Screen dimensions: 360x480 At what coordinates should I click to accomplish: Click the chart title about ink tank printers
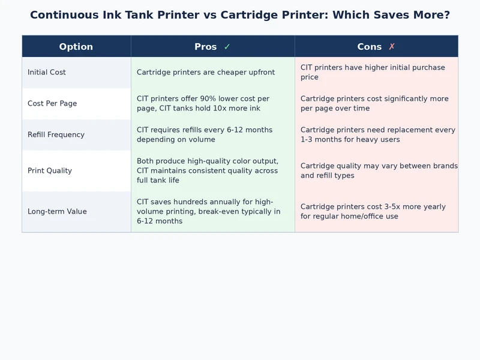pyautogui.click(x=240, y=15)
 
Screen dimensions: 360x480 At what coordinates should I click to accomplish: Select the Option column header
pyautogui.click(x=76, y=47)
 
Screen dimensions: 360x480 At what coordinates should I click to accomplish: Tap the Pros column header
pyautogui.click(x=206, y=47)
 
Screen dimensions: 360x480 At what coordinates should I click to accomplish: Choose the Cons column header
pyautogui.click(x=370, y=47)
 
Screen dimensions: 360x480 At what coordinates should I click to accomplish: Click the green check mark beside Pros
pyautogui.click(x=227, y=47)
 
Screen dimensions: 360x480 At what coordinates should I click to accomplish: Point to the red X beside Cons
pyautogui.click(x=392, y=47)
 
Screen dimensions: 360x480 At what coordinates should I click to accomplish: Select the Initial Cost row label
pyautogui.click(x=47, y=73)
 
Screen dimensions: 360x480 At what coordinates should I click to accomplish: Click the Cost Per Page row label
pyautogui.click(x=52, y=104)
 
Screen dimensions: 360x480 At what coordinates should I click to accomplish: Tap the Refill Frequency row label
pyautogui.click(x=56, y=135)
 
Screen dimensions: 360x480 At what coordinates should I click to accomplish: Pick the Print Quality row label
pyautogui.click(x=50, y=171)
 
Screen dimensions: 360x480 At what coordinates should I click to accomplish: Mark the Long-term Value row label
pyautogui.click(x=57, y=212)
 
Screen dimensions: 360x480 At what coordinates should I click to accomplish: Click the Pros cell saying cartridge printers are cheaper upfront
pyautogui.click(x=206, y=73)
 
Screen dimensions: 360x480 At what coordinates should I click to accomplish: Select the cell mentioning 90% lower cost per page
pyautogui.click(x=203, y=104)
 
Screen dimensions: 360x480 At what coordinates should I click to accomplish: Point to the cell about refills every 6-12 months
pyautogui.click(x=205, y=135)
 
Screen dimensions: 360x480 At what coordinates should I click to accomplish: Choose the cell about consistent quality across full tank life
pyautogui.click(x=208, y=171)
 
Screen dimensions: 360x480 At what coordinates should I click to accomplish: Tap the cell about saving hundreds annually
pyautogui.click(x=208, y=212)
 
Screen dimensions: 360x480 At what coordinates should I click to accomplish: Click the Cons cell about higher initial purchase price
pyautogui.click(x=373, y=73)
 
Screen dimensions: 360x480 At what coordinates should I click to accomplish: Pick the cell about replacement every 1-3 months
pyautogui.click(x=378, y=135)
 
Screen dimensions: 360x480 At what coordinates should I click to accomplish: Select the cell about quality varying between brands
pyautogui.click(x=379, y=171)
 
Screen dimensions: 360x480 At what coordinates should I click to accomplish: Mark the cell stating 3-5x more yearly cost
pyautogui.click(x=373, y=212)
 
